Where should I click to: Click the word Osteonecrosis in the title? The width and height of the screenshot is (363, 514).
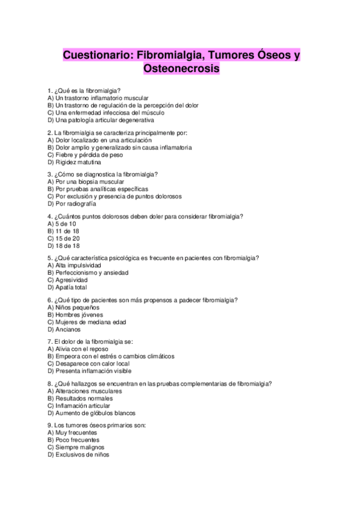(x=181, y=70)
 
